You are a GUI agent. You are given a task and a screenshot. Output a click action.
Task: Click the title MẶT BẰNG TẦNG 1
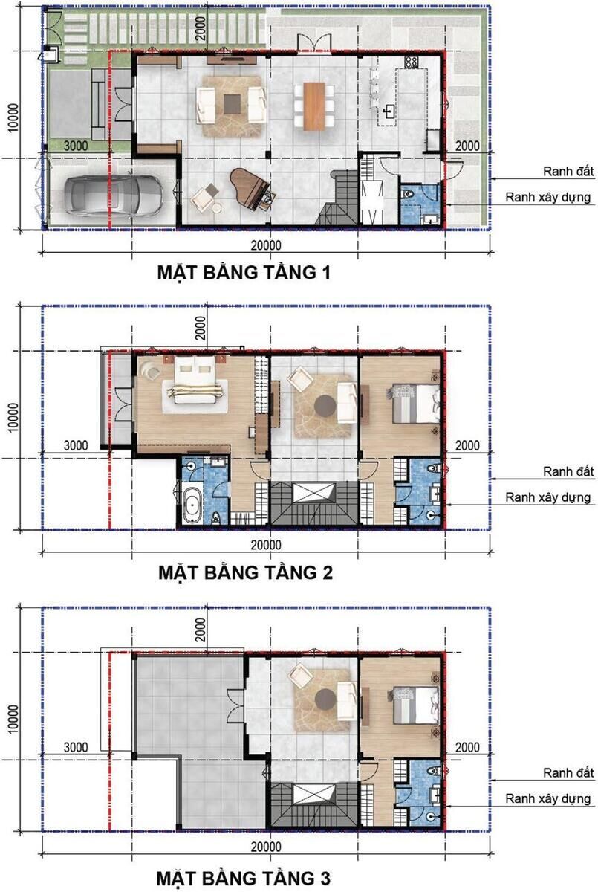244,273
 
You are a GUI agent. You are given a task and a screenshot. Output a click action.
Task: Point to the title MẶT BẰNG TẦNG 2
245,573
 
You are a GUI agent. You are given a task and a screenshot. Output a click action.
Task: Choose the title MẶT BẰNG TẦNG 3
244,877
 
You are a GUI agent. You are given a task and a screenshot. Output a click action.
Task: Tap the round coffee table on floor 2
325,407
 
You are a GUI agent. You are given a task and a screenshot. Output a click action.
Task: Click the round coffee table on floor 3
325,699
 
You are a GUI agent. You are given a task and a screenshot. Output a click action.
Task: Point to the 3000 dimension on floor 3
76,746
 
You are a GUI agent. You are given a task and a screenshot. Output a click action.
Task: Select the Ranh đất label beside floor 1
568,172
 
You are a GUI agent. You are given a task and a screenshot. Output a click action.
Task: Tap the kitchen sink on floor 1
389,112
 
